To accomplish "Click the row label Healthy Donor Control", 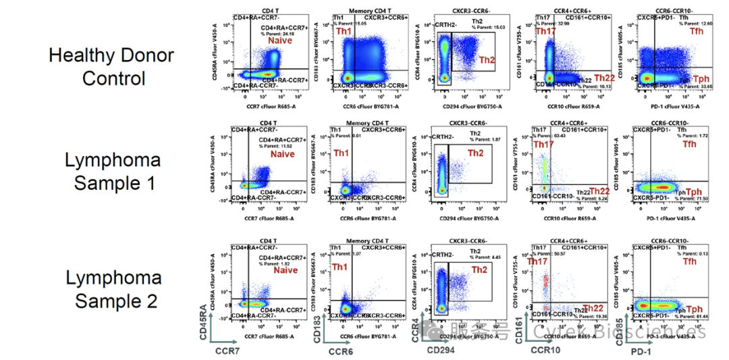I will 111,67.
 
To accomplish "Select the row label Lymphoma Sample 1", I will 113,171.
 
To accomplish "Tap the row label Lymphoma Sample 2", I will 113,288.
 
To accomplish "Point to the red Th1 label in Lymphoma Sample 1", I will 343,153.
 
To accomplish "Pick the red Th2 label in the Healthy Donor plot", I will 487,60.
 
